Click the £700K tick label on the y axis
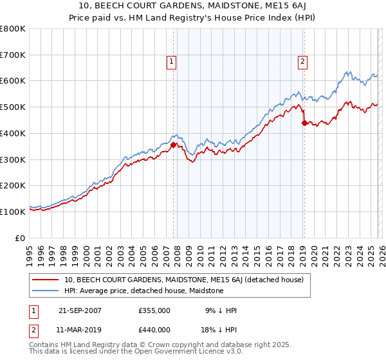[x=13, y=55]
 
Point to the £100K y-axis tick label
[x=13, y=212]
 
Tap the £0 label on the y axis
[x=21, y=238]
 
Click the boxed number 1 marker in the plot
[x=172, y=62]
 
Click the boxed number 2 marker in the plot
[x=302, y=62]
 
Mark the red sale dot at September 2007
[x=173, y=145]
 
